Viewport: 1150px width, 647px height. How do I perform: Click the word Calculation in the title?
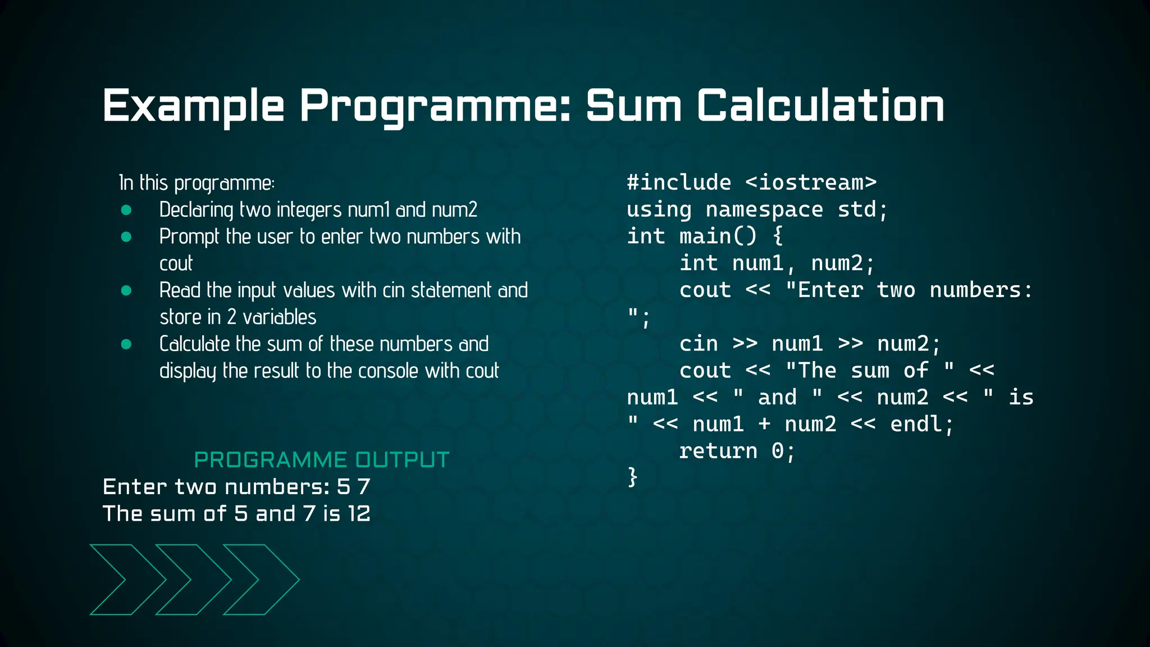pos(821,106)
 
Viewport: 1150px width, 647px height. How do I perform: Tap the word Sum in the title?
pos(634,106)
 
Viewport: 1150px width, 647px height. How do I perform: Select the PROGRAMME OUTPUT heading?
pos(322,460)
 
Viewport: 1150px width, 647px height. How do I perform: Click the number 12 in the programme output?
pos(359,514)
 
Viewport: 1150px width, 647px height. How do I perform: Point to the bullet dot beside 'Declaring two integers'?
pos(126,210)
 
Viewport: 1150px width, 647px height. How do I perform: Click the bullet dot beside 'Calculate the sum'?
pos(126,344)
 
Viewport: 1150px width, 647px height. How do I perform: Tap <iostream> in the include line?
pos(811,183)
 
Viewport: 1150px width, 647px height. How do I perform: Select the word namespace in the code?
pos(764,209)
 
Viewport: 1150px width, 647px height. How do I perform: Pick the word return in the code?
pos(718,451)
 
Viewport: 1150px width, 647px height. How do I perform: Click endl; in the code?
pos(922,424)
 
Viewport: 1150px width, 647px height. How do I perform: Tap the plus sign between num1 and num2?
pos(764,424)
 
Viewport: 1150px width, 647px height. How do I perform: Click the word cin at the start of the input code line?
pos(699,344)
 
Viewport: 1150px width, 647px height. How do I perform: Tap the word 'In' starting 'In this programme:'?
pos(126,183)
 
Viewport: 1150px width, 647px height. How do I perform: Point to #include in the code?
pos(679,183)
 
